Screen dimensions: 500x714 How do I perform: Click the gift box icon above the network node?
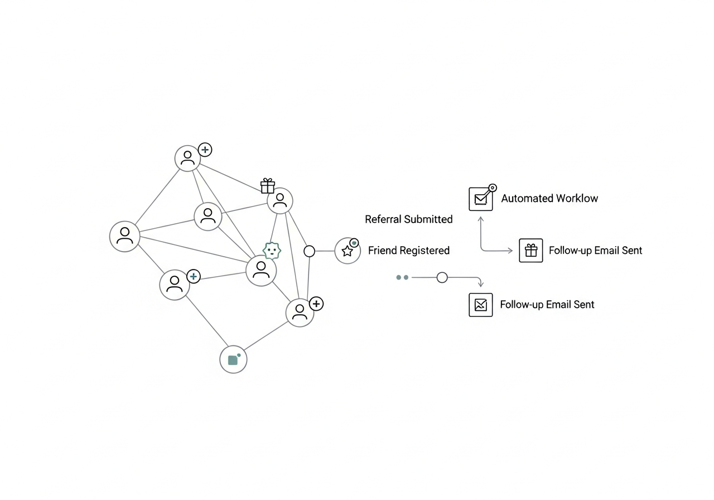[268, 186]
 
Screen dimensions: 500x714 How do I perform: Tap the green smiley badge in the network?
[272, 251]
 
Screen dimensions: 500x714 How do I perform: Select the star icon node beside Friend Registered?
[348, 251]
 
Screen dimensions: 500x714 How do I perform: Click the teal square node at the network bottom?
[233, 360]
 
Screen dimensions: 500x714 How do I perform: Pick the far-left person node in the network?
[124, 236]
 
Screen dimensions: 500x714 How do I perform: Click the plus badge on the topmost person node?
[205, 150]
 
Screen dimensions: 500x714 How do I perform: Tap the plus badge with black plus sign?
[316, 304]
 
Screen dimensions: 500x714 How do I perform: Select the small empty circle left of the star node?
[309, 251]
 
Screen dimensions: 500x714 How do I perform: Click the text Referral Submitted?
[408, 219]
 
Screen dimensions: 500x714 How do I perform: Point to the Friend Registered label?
[408, 251]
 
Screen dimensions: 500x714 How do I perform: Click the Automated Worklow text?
[549, 198]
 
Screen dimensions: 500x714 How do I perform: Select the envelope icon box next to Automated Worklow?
[480, 199]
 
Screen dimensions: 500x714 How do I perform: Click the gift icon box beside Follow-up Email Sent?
[530, 251]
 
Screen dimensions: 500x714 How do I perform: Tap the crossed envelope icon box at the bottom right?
[480, 305]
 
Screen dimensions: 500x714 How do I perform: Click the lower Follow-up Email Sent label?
[547, 305]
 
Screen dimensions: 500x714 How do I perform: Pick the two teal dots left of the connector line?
[402, 277]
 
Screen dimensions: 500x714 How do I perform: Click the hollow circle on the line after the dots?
[442, 277]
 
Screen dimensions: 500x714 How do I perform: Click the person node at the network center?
[261, 271]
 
